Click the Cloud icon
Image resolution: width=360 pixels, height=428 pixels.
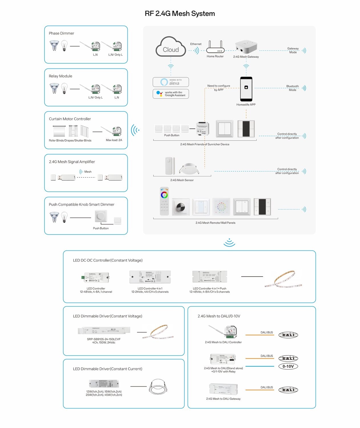(x=171, y=47)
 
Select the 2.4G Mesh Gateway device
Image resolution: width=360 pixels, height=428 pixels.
(x=246, y=47)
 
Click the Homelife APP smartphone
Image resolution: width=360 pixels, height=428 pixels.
(x=246, y=89)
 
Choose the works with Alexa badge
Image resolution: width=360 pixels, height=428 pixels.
(x=171, y=82)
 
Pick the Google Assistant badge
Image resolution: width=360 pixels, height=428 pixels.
(x=171, y=94)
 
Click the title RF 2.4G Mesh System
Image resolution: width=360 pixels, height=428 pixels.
(x=180, y=13)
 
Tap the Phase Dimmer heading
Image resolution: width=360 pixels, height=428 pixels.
(x=61, y=33)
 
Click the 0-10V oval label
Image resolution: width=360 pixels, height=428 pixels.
(x=288, y=366)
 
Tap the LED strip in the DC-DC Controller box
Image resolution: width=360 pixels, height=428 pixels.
(x=283, y=279)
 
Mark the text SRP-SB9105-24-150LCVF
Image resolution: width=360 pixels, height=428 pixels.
(x=104, y=339)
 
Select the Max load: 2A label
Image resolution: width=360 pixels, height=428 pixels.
(x=114, y=140)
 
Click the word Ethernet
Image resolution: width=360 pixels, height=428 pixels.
(x=196, y=44)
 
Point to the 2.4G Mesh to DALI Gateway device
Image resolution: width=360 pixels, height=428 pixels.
(x=223, y=389)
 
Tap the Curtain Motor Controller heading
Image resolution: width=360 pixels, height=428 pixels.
(x=70, y=119)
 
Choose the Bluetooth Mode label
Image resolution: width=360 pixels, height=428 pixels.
(x=292, y=88)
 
